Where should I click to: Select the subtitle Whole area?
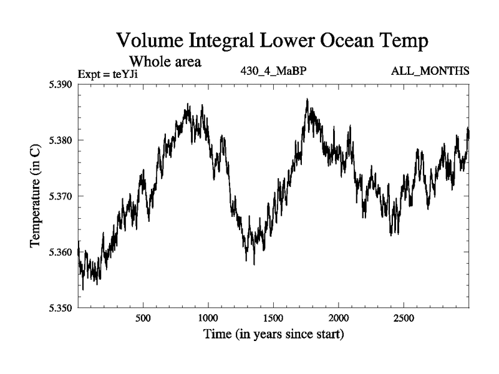click(x=165, y=62)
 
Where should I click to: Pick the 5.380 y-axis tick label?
click(x=61, y=140)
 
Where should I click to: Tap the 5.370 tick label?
click(x=61, y=196)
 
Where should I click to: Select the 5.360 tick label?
click(x=61, y=252)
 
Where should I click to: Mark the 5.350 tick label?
click(x=61, y=308)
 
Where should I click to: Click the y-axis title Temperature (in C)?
click(x=36, y=196)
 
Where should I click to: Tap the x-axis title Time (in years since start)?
click(x=273, y=334)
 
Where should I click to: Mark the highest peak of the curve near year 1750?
click(x=307, y=99)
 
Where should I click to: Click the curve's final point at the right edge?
click(x=468, y=133)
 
